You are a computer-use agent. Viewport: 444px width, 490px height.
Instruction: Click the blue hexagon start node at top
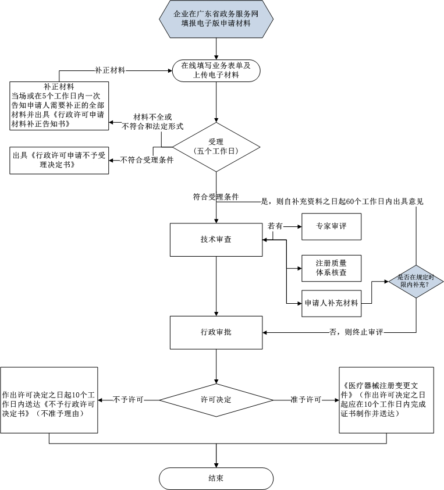pos(216,19)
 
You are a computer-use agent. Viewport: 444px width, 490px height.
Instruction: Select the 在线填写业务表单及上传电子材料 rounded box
pos(216,70)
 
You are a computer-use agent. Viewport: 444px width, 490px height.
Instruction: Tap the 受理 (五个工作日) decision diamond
pos(216,146)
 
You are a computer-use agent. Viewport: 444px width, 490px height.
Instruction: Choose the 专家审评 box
pos(331,226)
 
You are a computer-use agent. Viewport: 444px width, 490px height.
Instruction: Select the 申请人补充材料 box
pos(331,303)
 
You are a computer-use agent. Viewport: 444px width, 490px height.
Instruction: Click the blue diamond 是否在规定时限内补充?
pos(415,281)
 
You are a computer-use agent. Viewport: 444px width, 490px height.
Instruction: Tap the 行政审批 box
pos(216,332)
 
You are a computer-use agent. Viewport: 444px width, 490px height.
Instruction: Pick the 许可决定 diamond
pos(216,400)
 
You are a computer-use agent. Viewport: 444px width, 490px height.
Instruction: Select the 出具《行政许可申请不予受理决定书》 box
pos(60,160)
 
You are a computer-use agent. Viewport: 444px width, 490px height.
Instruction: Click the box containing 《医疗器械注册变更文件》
pos(386,400)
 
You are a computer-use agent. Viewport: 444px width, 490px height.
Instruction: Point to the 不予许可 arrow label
pos(129,400)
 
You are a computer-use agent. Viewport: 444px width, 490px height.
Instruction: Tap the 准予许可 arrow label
pos(306,400)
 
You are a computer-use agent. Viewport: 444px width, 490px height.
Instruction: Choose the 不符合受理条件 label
pos(147,160)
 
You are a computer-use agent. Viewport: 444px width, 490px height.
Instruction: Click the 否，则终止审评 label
pos(356,332)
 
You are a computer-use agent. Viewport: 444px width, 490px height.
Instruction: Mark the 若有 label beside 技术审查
pos(275,226)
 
